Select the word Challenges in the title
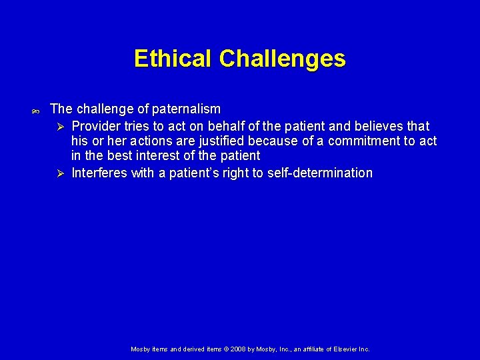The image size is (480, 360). click(x=282, y=59)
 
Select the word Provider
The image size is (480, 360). click(x=95, y=126)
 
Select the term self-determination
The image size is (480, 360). click(x=320, y=173)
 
